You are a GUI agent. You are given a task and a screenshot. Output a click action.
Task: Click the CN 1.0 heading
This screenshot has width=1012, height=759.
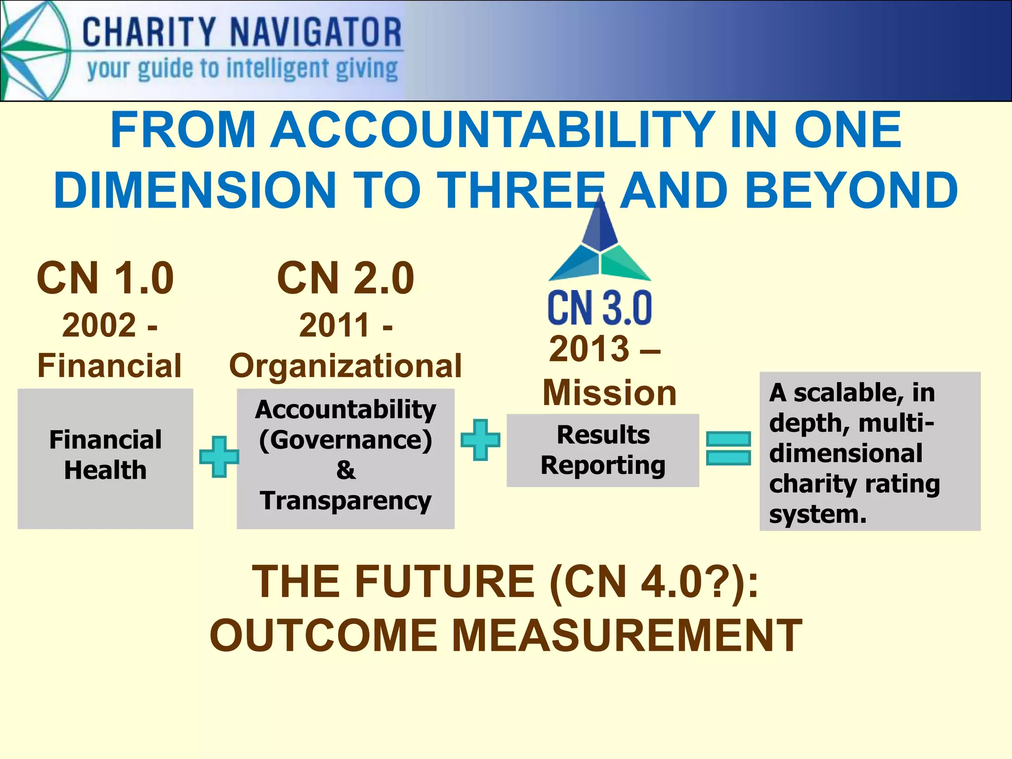105,278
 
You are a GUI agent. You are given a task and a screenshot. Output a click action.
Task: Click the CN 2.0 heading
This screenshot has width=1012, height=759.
345,278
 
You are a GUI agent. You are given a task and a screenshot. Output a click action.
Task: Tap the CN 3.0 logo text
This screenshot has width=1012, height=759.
600,308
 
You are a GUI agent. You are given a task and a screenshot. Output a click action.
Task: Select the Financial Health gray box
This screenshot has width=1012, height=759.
105,459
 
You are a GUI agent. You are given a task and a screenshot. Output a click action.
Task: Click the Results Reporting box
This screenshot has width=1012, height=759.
603,450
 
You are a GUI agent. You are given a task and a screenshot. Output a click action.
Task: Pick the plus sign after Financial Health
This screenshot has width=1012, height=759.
219,457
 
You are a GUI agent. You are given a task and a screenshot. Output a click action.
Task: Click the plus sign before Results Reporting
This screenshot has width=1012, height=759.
480,440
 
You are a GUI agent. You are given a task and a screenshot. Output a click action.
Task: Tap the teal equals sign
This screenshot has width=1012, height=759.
728,448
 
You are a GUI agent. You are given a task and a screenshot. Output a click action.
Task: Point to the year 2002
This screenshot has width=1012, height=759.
99,326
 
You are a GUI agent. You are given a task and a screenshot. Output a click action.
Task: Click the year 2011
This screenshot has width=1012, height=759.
335,326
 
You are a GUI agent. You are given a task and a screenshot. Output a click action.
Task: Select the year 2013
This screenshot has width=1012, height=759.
589,349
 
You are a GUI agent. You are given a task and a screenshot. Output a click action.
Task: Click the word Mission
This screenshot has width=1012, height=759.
609,393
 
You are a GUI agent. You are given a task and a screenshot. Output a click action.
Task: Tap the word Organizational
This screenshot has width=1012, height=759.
345,366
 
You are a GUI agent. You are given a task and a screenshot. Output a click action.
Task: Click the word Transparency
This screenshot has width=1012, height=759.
345,501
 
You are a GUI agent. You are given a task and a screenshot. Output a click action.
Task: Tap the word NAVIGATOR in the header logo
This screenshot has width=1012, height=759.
316,32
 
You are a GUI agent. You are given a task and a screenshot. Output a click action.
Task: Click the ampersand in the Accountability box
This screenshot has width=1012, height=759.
345,470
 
